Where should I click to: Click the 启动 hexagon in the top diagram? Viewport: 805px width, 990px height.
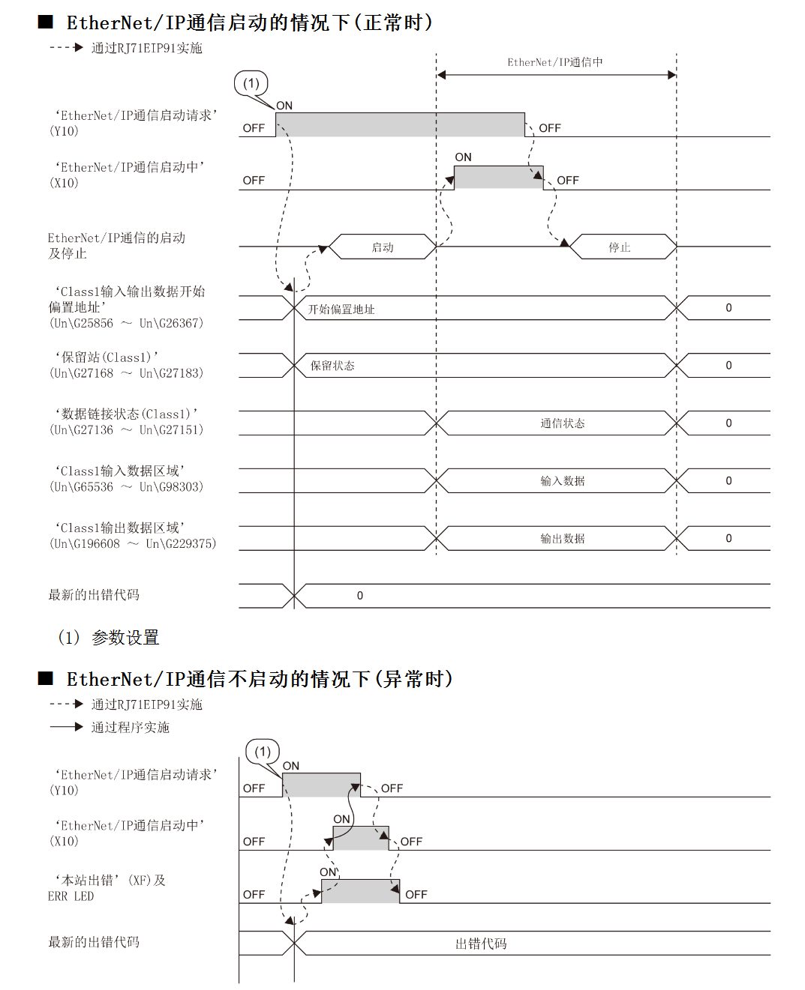[383, 247]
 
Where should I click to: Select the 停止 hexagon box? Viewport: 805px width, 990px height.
[620, 247]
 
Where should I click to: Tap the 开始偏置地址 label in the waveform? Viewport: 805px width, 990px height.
[341, 310]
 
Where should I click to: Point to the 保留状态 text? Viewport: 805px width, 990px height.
[332, 366]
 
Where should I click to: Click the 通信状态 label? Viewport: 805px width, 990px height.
[563, 423]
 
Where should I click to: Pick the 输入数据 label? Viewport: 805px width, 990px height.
[563, 481]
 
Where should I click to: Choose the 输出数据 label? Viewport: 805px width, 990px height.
[563, 539]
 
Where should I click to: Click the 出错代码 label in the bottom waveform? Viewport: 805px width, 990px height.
[481, 944]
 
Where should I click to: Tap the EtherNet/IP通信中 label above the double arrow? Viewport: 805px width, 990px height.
[555, 62]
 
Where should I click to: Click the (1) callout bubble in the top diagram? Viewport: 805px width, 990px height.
[251, 83]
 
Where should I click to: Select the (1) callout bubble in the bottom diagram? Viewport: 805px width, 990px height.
[263, 751]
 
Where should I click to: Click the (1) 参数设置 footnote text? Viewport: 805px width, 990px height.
[109, 638]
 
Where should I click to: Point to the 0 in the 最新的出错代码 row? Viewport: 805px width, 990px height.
[360, 596]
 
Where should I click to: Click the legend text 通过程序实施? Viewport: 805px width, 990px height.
[131, 727]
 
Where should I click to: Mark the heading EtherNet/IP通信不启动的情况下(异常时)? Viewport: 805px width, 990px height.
[259, 679]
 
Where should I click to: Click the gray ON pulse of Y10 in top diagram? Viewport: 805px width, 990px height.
[400, 124]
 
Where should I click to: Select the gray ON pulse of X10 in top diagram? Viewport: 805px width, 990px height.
[498, 178]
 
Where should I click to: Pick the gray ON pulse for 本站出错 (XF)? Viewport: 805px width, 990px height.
[360, 891]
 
